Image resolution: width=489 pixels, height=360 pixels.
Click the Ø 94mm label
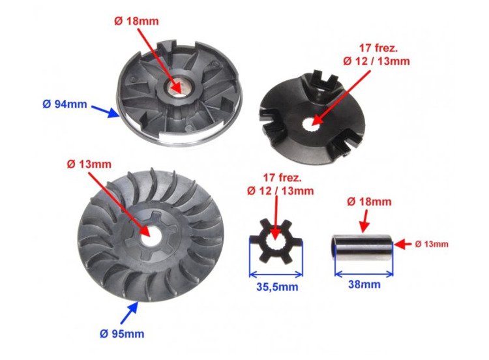(x=65, y=104)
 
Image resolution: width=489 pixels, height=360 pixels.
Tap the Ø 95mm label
(x=122, y=334)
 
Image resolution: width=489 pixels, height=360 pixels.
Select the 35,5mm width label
(x=277, y=287)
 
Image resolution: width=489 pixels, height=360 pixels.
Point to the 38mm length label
(x=364, y=284)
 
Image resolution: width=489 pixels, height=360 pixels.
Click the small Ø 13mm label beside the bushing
(x=432, y=244)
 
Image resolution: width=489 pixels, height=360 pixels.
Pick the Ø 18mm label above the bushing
(x=369, y=202)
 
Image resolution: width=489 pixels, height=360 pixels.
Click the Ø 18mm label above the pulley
(x=136, y=22)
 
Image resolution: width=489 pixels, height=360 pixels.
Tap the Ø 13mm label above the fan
(x=89, y=164)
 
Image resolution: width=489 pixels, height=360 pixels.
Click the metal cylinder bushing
(x=363, y=248)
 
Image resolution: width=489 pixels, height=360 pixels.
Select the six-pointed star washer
(x=276, y=241)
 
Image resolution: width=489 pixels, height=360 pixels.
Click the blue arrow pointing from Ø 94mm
(x=105, y=111)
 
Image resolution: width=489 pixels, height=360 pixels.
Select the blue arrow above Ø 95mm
(x=129, y=313)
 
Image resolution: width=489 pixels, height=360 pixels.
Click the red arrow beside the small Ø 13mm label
(x=403, y=245)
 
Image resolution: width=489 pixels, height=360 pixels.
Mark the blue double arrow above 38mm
(x=364, y=274)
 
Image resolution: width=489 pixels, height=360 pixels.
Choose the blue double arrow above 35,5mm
(x=276, y=275)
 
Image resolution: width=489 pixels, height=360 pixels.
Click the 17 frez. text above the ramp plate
(x=378, y=48)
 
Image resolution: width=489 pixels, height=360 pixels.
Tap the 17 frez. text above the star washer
(x=282, y=178)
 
